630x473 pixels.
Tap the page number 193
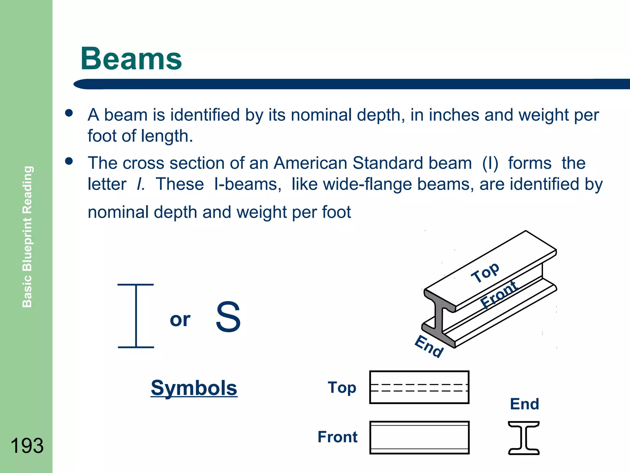coord(27,445)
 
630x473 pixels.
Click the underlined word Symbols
coord(194,388)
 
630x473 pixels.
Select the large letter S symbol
coord(228,317)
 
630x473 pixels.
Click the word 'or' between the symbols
coord(180,320)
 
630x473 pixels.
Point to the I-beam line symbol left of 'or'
coord(136,316)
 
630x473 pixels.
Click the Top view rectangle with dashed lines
coord(419,387)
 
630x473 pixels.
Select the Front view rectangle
coord(419,437)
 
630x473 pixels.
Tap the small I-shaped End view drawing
coord(524,438)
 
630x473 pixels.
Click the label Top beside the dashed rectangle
coord(342,388)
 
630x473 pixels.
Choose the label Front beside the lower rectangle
coord(337,437)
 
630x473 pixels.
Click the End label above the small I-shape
coord(524,404)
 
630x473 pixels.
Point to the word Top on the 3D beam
coord(485,272)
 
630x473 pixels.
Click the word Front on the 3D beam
coord(500,294)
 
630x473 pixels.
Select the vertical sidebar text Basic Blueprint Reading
coord(27,236)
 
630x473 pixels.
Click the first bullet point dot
coord(69,113)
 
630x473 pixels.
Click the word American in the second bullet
coord(310,163)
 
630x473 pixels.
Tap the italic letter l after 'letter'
coord(141,184)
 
